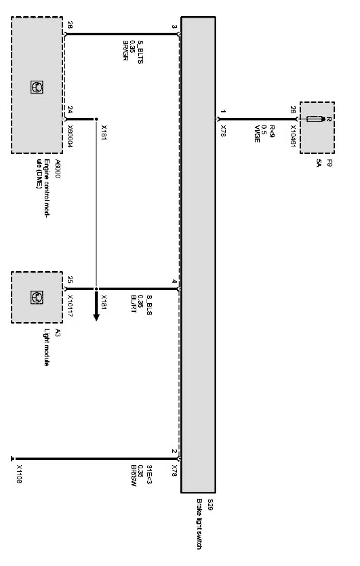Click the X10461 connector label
(x=293, y=136)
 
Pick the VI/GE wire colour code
(x=257, y=134)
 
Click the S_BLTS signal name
(x=141, y=52)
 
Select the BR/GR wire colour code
(x=126, y=50)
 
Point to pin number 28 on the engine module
(x=70, y=25)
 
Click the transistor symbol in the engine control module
(x=37, y=87)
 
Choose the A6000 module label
(x=58, y=169)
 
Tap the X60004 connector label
(x=70, y=136)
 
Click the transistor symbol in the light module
(x=37, y=297)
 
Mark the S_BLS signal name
(x=149, y=305)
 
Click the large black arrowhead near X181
(x=96, y=317)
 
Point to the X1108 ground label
(x=19, y=474)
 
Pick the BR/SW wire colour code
(x=134, y=476)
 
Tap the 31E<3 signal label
(x=149, y=474)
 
